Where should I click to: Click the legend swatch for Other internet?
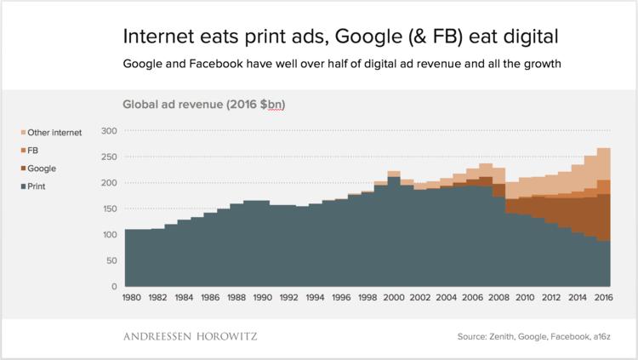click(23, 133)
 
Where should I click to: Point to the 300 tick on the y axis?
click(109, 131)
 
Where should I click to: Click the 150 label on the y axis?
click(109, 209)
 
